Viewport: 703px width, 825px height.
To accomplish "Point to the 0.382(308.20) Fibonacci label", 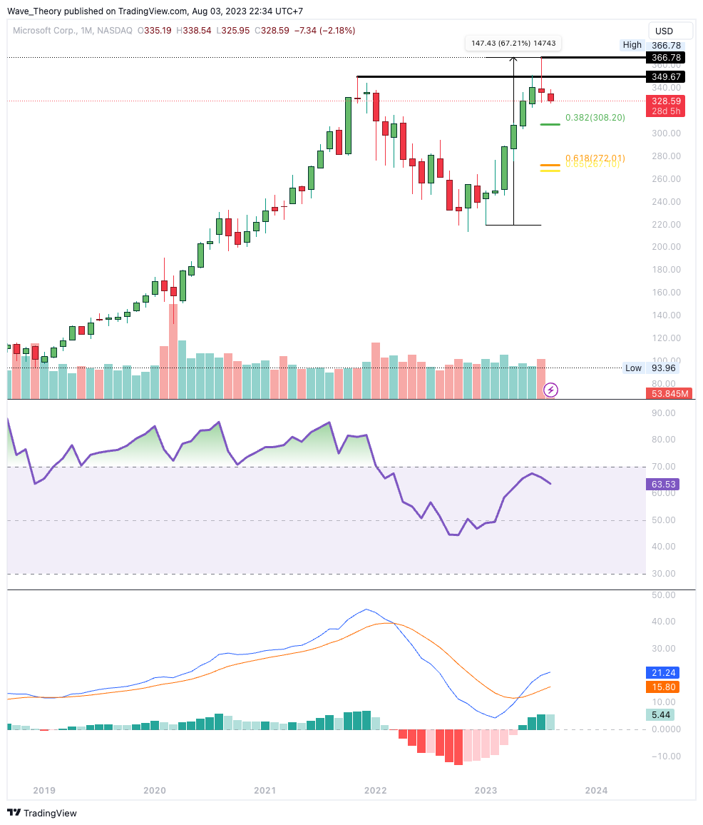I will pos(595,118).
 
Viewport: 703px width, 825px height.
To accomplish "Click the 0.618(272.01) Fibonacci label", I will pos(595,158).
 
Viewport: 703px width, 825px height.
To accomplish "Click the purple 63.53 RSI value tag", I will pos(663,485).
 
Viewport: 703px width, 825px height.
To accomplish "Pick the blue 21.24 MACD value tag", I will pos(663,672).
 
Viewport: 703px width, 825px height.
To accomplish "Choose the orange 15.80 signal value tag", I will pos(663,687).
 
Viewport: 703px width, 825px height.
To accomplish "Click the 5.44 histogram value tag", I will pos(663,714).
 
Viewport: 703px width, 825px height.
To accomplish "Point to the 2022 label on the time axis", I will pos(375,790).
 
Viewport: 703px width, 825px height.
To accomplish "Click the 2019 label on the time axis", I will pos(44,790).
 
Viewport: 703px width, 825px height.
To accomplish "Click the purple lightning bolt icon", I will pos(550,390).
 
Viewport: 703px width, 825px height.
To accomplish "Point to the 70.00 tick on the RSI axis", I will pos(663,467).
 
